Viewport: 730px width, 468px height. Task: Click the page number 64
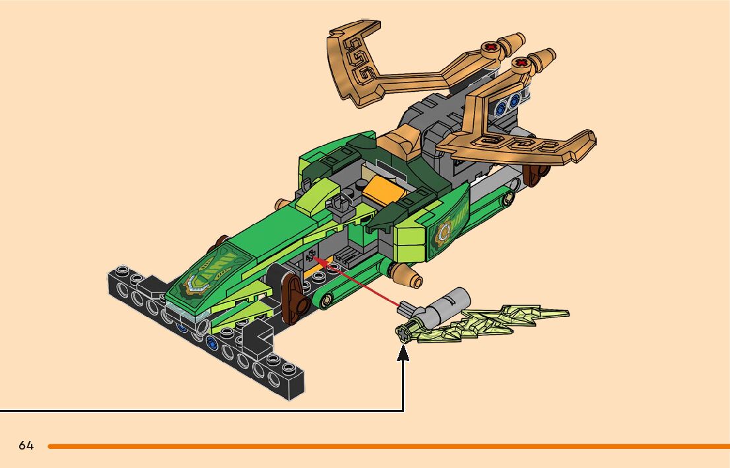(x=26, y=446)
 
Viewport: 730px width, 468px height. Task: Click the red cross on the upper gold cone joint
(x=490, y=48)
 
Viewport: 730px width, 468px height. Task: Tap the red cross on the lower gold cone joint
(x=521, y=64)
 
